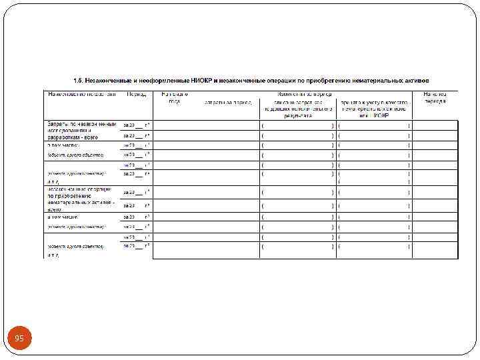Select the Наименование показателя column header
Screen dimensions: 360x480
[81, 94]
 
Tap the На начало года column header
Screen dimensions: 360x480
[174, 98]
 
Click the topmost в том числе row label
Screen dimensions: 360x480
[63, 145]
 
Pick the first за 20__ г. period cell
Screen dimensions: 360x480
[136, 125]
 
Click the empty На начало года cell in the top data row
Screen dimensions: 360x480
[174, 125]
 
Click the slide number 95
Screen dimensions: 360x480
[19, 339]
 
